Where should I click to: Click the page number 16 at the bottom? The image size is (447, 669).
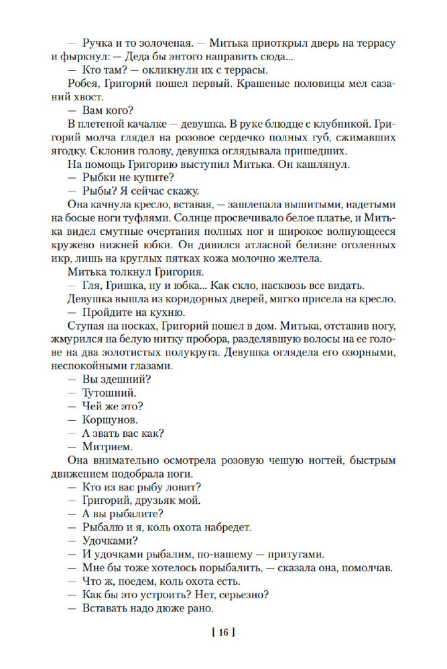224,631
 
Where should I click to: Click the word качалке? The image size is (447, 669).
153,124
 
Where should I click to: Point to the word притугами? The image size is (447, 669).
294,554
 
